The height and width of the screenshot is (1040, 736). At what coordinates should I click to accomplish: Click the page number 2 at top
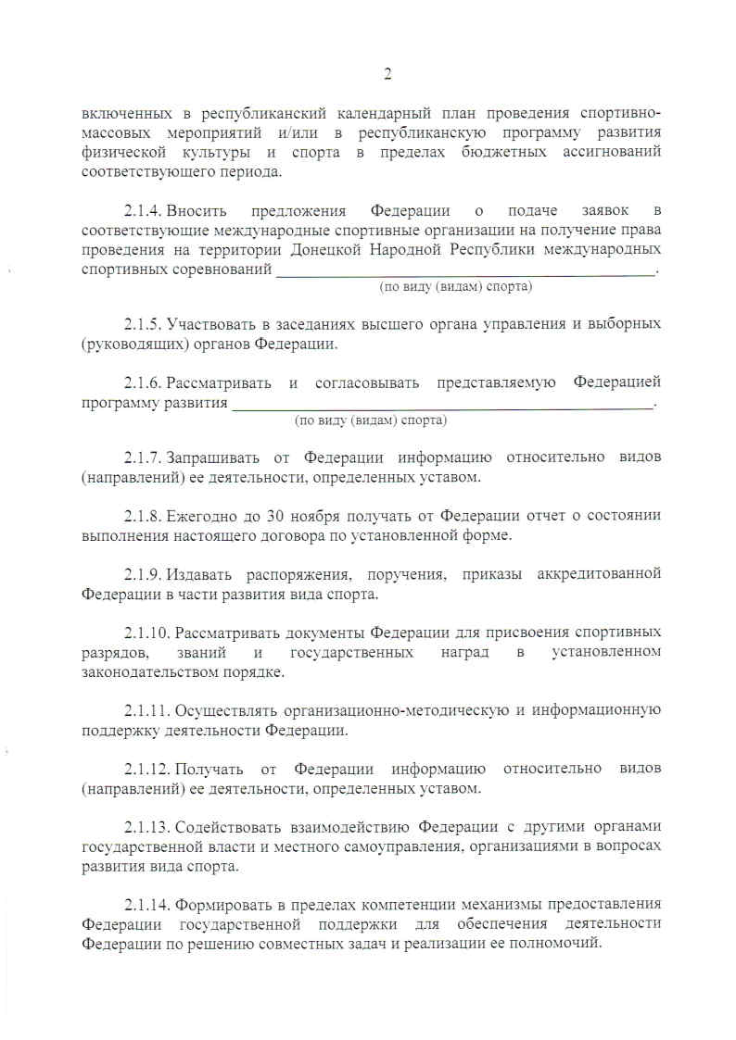[x=388, y=74]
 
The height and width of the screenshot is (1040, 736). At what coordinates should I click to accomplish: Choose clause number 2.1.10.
[x=147, y=633]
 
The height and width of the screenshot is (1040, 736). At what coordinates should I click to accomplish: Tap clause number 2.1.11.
[x=147, y=710]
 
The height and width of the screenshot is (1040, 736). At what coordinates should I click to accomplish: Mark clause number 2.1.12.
[x=147, y=769]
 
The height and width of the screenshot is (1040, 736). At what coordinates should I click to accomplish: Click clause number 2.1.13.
[x=147, y=827]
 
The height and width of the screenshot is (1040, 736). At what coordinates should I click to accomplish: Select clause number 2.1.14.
[x=147, y=904]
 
